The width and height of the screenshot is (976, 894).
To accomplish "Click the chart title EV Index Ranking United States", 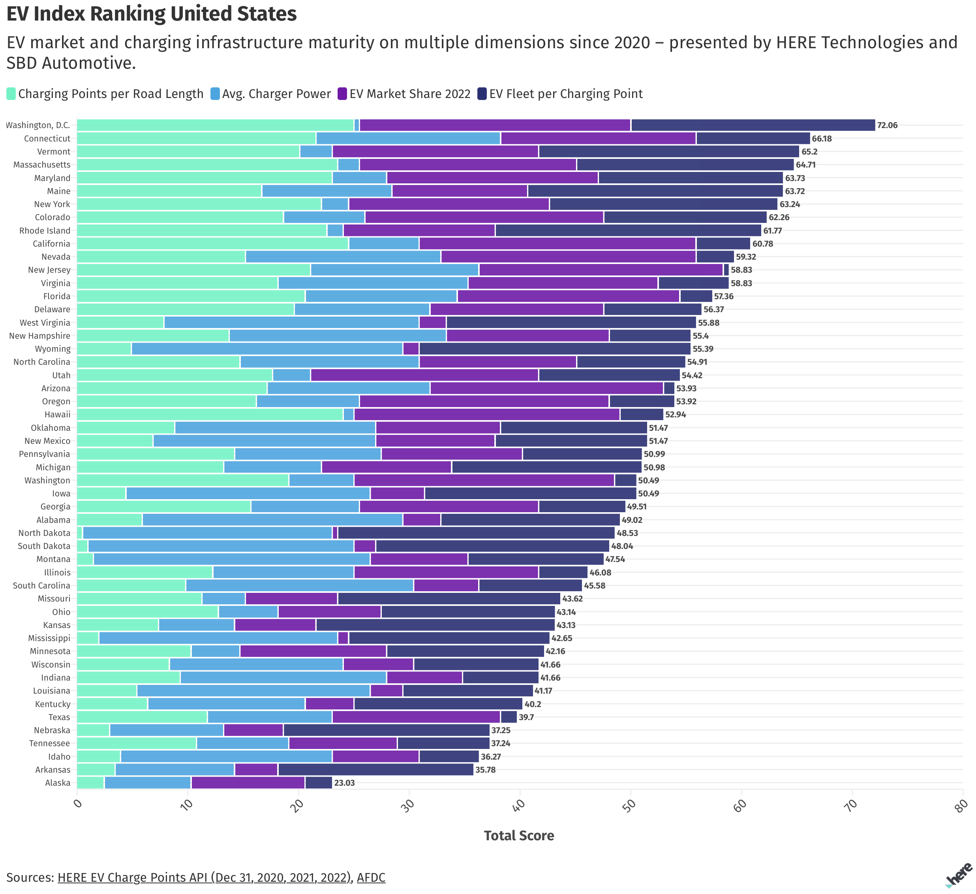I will point(152,13).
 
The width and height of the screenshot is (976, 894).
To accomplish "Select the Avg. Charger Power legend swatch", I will point(216,94).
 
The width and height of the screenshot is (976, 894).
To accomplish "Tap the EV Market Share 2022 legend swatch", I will point(342,94).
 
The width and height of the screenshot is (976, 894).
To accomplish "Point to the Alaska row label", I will point(58,783).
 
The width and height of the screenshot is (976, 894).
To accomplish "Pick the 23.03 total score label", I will point(344,783).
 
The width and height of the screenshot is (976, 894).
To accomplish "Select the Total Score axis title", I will point(519,836).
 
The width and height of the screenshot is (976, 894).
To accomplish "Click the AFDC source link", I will point(371,877).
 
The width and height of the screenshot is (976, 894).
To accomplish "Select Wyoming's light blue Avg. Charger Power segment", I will point(267,349).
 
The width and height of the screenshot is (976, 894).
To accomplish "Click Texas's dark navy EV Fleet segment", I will point(509,717).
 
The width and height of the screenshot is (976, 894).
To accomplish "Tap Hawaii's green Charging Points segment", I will point(210,414).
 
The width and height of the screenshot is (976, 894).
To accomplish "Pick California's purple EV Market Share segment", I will point(557,244).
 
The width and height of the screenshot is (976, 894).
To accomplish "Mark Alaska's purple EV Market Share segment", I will point(248,783).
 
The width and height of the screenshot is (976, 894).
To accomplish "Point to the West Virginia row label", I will point(45,323).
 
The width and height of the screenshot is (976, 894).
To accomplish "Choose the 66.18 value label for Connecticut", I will point(822,139).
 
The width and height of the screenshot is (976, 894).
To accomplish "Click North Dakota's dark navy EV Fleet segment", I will point(476,533).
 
